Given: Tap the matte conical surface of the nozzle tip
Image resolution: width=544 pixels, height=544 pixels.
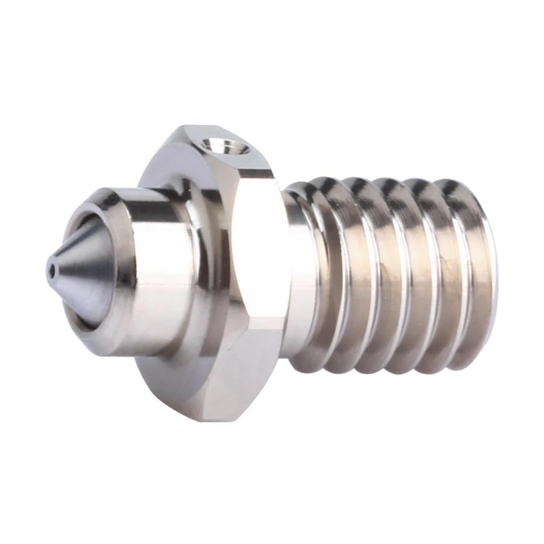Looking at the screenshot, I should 82,272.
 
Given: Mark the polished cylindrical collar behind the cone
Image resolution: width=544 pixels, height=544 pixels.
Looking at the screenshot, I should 158,272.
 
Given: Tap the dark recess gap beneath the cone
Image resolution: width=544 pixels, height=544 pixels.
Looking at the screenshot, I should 87,321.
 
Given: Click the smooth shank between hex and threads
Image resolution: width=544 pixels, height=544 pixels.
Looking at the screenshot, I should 296,272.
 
